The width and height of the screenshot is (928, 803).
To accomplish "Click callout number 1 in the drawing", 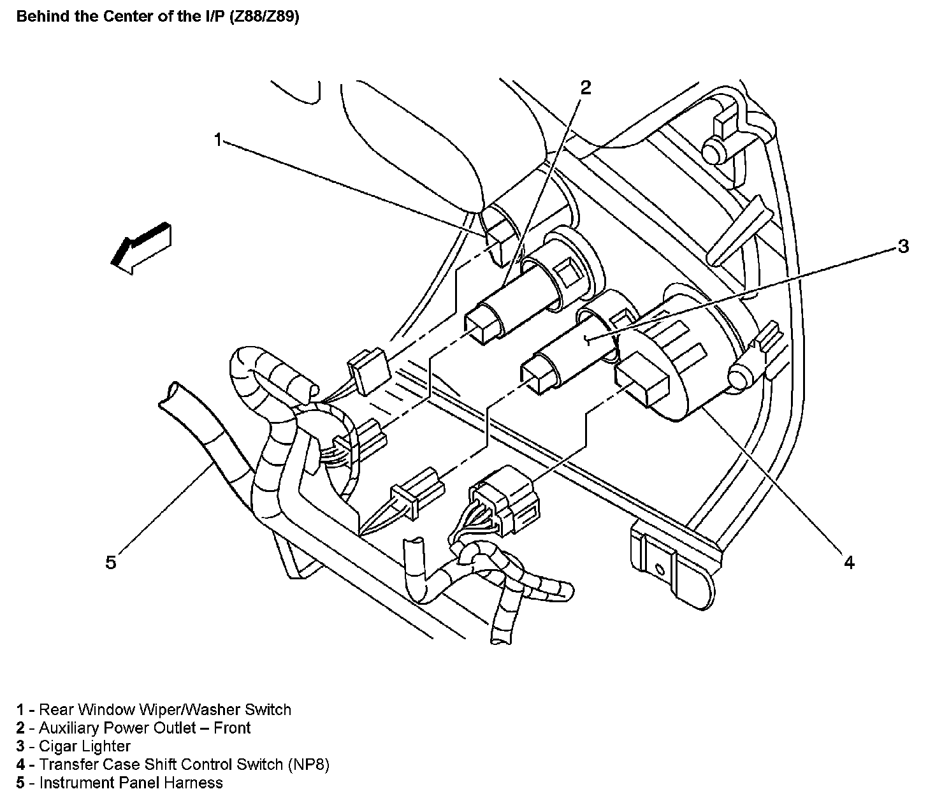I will [218, 140].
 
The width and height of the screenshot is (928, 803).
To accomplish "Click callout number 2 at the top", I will [585, 88].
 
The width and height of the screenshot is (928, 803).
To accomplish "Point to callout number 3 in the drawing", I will [903, 246].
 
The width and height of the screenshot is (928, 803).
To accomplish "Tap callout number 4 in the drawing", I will [848, 561].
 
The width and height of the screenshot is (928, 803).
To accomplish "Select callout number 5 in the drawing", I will [111, 563].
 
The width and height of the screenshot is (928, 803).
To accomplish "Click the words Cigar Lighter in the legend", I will [85, 746].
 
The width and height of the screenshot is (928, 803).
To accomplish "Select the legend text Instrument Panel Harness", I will [131, 783].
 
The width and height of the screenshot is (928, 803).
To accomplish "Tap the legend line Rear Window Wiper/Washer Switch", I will [164, 709].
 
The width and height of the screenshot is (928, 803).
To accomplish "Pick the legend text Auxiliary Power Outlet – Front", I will [145, 728].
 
